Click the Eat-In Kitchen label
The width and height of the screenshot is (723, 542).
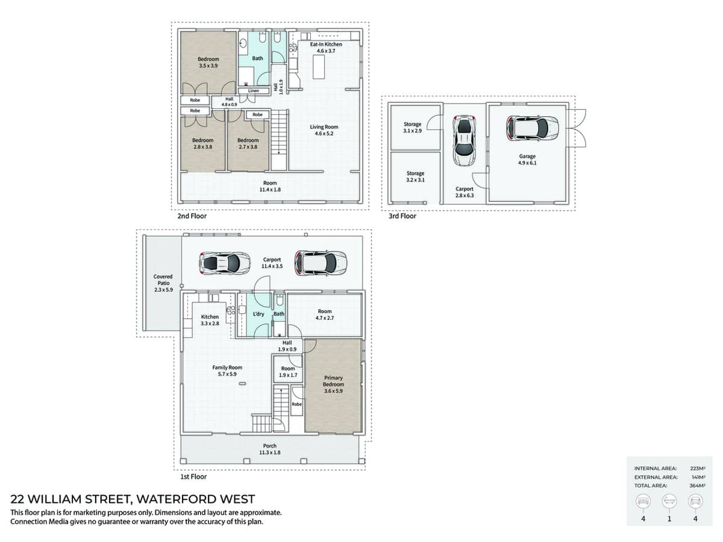[x=326, y=48]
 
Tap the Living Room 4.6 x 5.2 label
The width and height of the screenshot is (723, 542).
[x=324, y=130]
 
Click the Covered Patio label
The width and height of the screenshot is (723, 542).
[x=163, y=283]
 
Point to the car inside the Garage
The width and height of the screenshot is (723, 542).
[x=528, y=128]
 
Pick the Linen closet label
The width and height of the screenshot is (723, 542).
[x=254, y=91]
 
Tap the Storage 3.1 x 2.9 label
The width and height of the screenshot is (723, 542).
[x=413, y=127]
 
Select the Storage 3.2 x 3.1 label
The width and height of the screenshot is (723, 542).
[x=415, y=176]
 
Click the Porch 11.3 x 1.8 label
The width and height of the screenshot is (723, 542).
[x=270, y=449]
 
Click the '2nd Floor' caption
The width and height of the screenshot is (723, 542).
[x=192, y=216]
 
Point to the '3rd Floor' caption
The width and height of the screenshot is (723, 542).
[x=402, y=216]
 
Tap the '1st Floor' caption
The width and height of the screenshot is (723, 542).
[x=193, y=477]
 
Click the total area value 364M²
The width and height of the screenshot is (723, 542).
[x=697, y=485]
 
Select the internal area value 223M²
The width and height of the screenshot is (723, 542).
[x=697, y=468]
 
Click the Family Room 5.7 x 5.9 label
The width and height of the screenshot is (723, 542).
[x=227, y=370]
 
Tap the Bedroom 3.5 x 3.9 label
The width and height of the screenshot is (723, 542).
[x=208, y=62]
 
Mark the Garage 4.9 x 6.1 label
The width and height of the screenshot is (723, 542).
[x=527, y=160]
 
